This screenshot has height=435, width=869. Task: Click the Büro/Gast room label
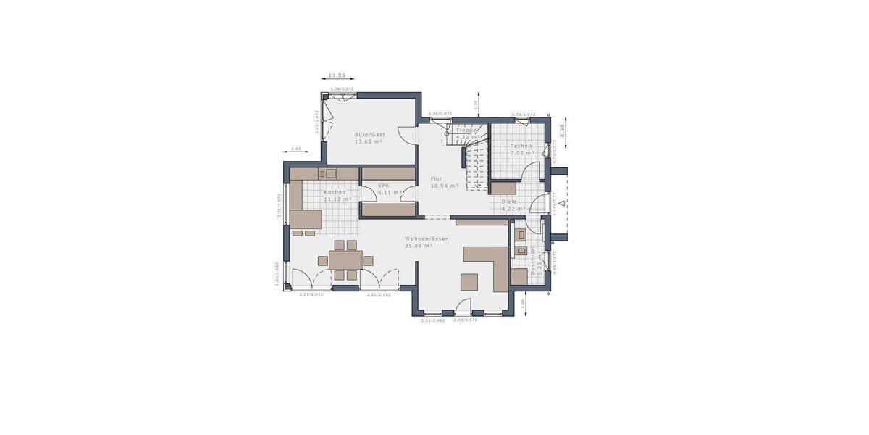[x=369, y=135]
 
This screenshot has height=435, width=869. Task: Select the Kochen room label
[x=335, y=192]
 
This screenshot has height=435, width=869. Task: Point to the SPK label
[x=384, y=186]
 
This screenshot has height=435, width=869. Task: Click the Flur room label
[x=437, y=178]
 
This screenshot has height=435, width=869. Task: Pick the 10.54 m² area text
[x=445, y=186]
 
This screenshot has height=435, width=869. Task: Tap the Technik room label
[x=521, y=146]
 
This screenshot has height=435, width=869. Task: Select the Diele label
[x=510, y=202]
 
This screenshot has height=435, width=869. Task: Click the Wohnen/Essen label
[x=427, y=239]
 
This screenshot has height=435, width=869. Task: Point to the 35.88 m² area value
[x=419, y=246]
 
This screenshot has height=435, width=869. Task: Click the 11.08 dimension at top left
[x=337, y=75]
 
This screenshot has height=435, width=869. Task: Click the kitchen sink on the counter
[x=330, y=173]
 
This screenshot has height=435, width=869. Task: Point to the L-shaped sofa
[x=492, y=261]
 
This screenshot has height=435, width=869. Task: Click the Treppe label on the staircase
[x=466, y=130]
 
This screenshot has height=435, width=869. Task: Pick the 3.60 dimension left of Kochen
[x=295, y=149]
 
